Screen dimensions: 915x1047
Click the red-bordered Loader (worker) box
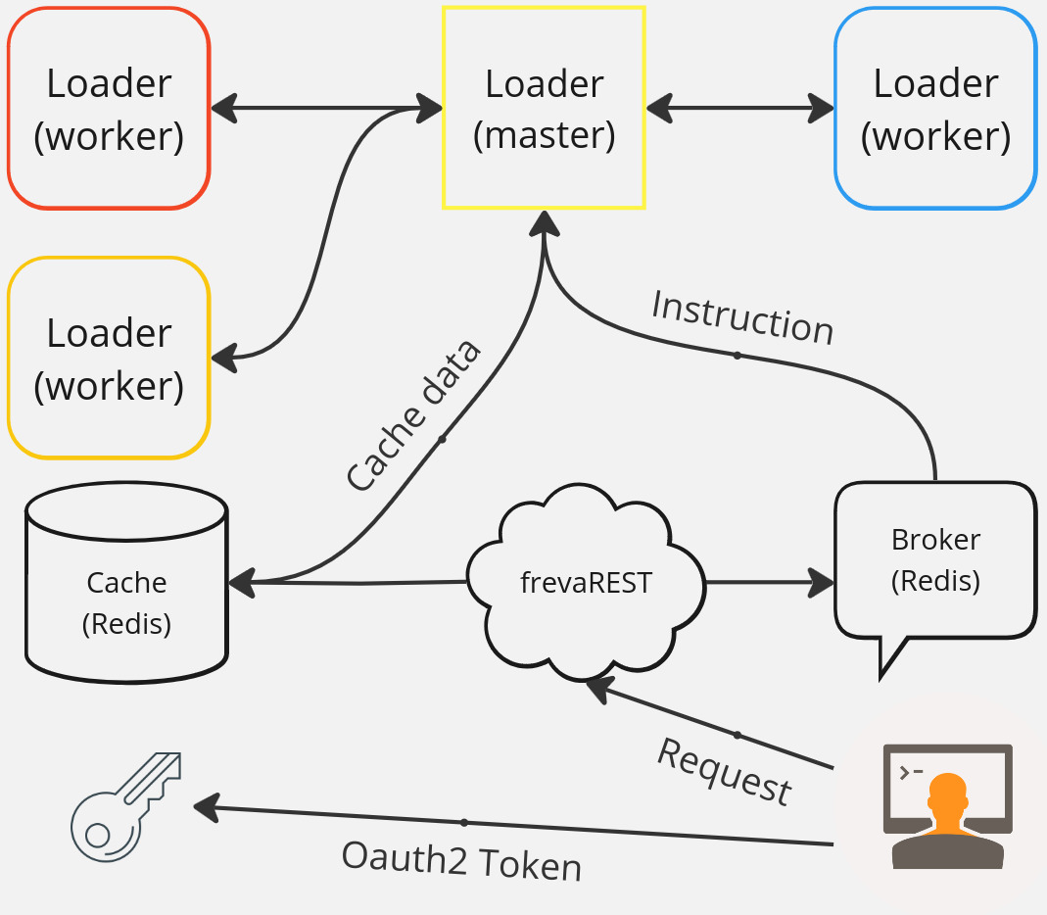click(x=109, y=108)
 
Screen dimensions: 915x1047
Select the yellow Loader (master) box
click(x=544, y=108)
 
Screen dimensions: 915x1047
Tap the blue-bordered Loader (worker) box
click(x=935, y=108)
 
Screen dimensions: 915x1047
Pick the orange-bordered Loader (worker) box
click(x=109, y=358)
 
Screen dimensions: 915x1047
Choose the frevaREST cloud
click(x=586, y=584)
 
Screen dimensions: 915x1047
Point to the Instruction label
click(x=742, y=316)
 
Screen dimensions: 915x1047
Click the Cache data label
click(x=414, y=415)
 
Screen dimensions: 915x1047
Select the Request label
click(x=724, y=771)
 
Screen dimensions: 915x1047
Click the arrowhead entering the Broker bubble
click(x=823, y=583)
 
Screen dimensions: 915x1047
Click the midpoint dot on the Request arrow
click(x=738, y=735)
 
